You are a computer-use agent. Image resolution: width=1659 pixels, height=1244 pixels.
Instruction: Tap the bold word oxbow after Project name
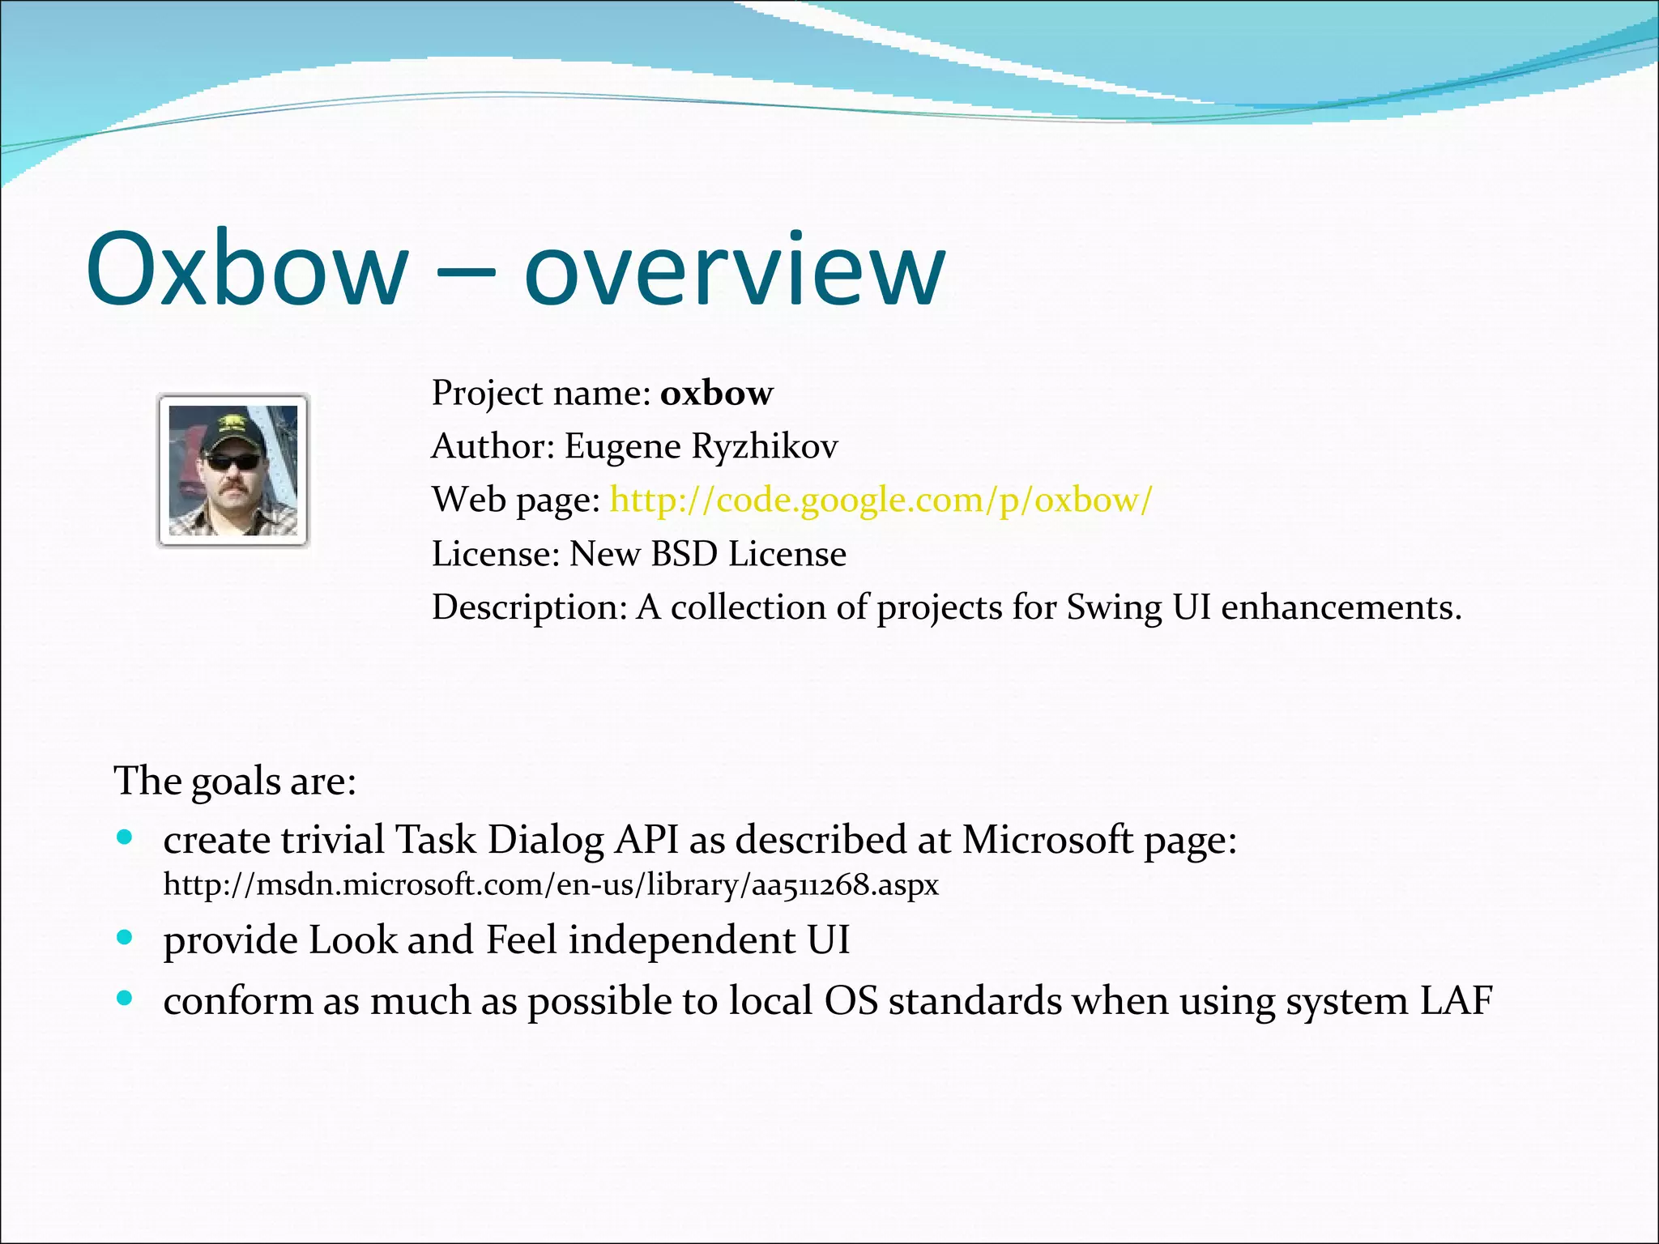[x=716, y=394]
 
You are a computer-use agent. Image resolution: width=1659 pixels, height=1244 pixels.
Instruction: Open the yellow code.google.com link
[x=881, y=500]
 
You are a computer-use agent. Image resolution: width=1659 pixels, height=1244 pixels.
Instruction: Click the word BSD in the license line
[x=684, y=554]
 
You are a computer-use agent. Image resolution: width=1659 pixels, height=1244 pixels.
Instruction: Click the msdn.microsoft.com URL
[x=551, y=884]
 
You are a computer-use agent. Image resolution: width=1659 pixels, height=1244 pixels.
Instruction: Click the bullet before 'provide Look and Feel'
[x=124, y=938]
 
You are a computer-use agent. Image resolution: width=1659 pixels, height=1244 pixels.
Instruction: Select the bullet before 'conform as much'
[x=124, y=999]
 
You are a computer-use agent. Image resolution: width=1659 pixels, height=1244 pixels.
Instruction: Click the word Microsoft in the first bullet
[x=1047, y=840]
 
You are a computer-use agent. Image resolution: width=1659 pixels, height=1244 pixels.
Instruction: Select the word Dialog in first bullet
[x=545, y=840]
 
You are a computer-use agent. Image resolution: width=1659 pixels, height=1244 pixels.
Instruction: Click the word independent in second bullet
[x=681, y=940]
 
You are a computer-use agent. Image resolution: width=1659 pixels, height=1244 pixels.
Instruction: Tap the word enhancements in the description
[x=1341, y=607]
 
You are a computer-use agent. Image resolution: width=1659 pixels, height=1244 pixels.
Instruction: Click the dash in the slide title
[x=465, y=274]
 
